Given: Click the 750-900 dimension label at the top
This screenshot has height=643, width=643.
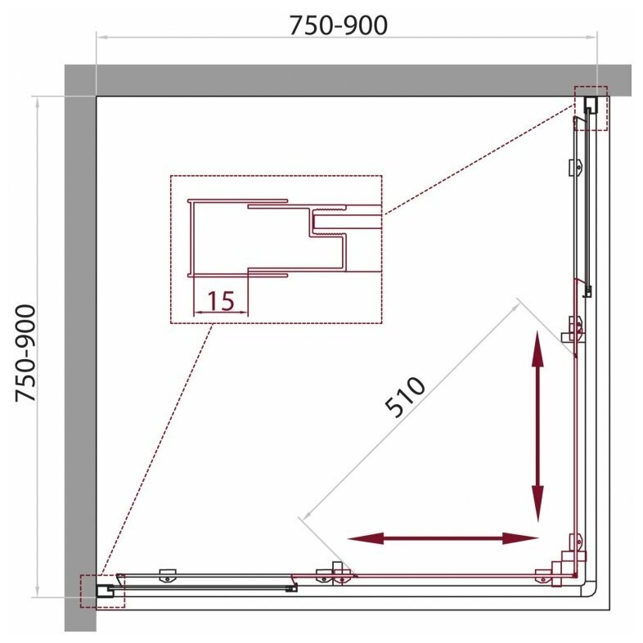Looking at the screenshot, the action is [339, 25].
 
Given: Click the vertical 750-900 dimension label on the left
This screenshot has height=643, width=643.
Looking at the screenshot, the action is [26, 353].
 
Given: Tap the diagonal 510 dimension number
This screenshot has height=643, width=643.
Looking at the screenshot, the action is [405, 397].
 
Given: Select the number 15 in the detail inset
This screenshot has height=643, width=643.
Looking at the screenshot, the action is [221, 300].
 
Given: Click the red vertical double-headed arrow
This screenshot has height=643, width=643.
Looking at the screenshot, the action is [537, 425].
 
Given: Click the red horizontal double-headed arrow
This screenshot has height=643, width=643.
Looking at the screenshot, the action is [443, 538].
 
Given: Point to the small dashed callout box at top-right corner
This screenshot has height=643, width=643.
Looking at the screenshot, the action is [591, 108].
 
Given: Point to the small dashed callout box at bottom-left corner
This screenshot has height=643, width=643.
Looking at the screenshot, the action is [102, 591].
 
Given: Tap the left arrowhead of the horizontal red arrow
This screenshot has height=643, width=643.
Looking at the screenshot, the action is [365, 538].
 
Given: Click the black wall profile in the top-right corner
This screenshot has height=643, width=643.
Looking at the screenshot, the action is [591, 105].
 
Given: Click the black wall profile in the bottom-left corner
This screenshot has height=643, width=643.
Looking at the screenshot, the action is [105, 591].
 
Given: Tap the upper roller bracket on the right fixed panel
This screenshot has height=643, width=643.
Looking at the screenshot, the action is [575, 168].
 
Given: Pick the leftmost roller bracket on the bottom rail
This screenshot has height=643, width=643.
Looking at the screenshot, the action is [168, 575].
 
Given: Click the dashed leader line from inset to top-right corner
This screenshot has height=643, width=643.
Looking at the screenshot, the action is [478, 159].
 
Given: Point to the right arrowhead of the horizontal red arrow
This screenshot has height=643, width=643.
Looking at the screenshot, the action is [520, 538].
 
